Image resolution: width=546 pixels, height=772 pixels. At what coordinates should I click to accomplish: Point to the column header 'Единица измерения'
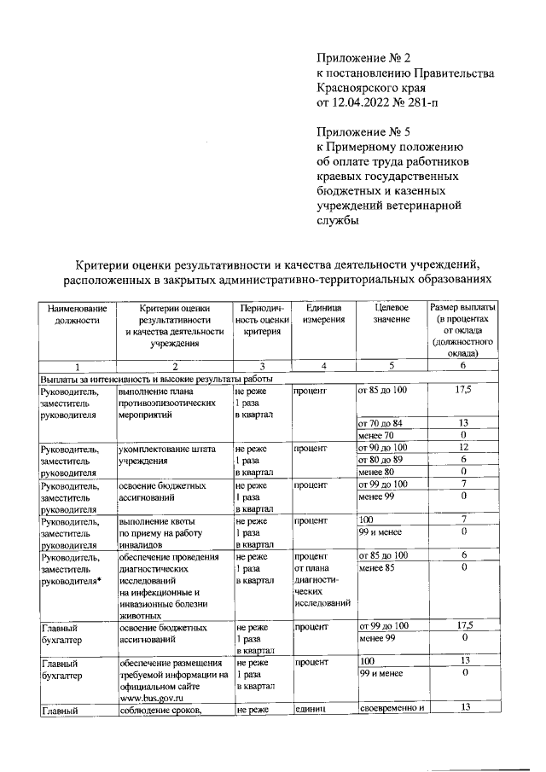point(321,313)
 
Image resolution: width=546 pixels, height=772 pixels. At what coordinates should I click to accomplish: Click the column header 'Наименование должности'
point(76,313)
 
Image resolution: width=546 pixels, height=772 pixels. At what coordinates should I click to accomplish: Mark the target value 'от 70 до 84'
point(380,422)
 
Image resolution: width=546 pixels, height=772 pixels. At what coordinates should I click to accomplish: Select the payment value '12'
point(464,447)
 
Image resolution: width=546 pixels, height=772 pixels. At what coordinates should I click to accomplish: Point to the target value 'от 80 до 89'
point(380,459)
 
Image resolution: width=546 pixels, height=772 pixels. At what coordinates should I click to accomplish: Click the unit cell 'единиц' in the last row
point(309,709)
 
